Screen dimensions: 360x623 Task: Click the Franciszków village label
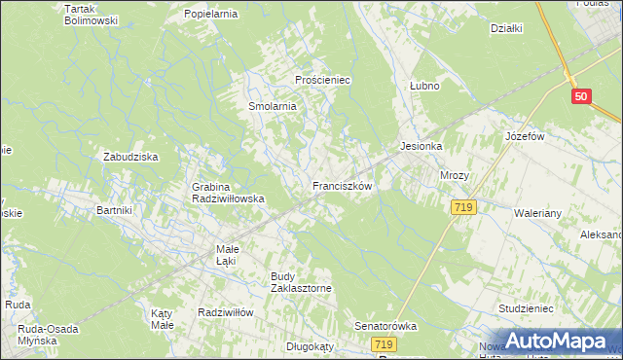pyautogui.click(x=342, y=185)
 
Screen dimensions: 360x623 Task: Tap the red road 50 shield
pyautogui.click(x=581, y=96)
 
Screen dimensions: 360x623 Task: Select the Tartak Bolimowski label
pyautogui.click(x=91, y=15)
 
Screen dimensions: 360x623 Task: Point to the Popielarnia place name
pyautogui.click(x=211, y=16)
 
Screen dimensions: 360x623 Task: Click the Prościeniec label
pyautogui.click(x=322, y=79)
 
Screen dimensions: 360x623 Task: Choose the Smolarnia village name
pyautogui.click(x=272, y=106)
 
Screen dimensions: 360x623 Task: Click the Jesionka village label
pyautogui.click(x=421, y=146)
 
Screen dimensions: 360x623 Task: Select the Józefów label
pyautogui.click(x=523, y=136)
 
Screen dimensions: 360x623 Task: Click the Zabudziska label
pyautogui.click(x=130, y=156)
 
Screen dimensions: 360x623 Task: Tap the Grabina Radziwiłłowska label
pyautogui.click(x=229, y=192)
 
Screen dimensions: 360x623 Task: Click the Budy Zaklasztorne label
pyautogui.click(x=302, y=282)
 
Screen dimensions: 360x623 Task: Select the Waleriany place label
pyautogui.click(x=539, y=211)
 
